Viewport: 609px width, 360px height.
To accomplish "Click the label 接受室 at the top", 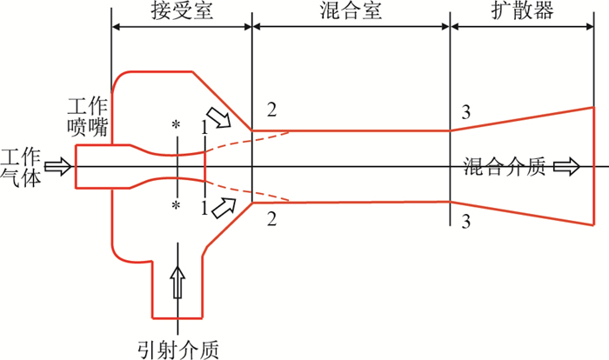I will [181, 11].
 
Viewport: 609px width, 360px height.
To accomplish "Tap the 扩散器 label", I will [522, 11].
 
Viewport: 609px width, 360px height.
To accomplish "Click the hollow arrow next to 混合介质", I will [565, 167].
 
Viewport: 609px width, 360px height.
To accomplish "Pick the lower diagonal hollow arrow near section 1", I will [224, 207].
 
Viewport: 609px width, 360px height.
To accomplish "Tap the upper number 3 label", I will [466, 111].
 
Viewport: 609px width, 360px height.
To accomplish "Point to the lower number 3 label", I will [466, 222].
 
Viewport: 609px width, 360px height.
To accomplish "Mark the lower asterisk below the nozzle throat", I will [177, 207].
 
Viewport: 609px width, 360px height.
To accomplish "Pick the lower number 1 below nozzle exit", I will [204, 207].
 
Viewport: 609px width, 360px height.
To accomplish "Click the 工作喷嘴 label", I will [88, 116].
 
